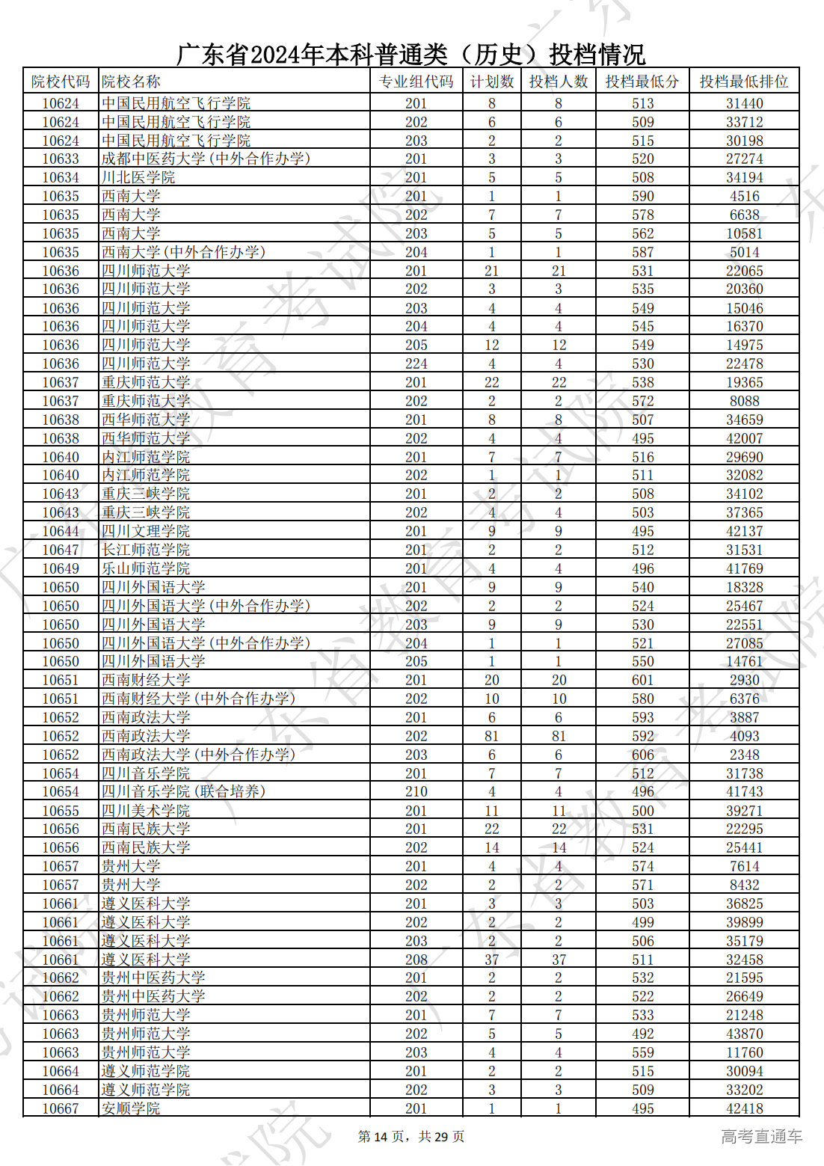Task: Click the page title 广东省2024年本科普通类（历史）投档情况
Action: [x=411, y=54]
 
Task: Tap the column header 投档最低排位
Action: [x=743, y=82]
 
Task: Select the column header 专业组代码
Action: [x=416, y=82]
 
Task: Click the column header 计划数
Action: [x=491, y=82]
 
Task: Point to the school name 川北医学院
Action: [x=138, y=177]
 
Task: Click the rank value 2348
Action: [x=744, y=755]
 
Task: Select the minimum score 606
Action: [x=642, y=755]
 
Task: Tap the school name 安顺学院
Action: [x=131, y=1108]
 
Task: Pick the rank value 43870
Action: [x=744, y=1034]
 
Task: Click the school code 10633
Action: [x=61, y=159]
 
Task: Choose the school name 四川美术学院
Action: [x=146, y=811]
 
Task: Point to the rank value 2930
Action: [x=744, y=680]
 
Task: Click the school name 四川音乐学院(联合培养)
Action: [x=183, y=791]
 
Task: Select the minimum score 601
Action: [x=642, y=680]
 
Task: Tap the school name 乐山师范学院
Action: [x=146, y=568]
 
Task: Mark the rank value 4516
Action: [x=744, y=196]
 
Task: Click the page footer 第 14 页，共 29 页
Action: [x=411, y=1137]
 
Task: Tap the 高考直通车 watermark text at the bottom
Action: [x=761, y=1137]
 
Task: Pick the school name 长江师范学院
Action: [x=146, y=550]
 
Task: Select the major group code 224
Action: [x=416, y=363]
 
